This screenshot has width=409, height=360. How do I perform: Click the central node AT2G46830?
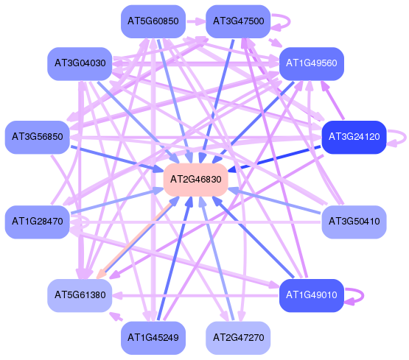pyautogui.click(x=195, y=180)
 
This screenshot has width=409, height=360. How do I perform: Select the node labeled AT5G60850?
pyautogui.click(x=153, y=21)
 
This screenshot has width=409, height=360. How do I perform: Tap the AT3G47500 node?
pyautogui.click(x=238, y=21)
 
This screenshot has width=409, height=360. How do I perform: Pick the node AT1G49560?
pyautogui.click(x=312, y=63)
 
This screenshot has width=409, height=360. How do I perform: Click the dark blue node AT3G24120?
pyautogui.click(x=354, y=137)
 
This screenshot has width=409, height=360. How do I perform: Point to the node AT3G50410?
pyautogui.click(x=354, y=222)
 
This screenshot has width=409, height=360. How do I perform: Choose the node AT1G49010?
pyautogui.click(x=312, y=295)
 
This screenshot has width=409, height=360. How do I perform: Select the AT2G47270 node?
pyautogui.click(x=238, y=338)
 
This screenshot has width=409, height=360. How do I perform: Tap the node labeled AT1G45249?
pyautogui.click(x=153, y=338)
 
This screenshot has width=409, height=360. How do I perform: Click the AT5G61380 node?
pyautogui.click(x=80, y=295)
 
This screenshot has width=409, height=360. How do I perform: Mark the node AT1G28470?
pyautogui.click(x=38, y=222)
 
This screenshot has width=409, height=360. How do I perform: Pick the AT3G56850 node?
pyautogui.click(x=38, y=137)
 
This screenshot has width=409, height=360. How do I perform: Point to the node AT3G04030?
pyautogui.click(x=80, y=63)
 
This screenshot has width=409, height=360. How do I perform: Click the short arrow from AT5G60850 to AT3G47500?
pyautogui.click(x=195, y=21)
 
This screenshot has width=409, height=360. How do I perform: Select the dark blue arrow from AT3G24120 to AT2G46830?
pyautogui.click(x=274, y=159)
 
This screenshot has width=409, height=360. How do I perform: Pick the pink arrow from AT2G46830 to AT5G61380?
pyautogui.click(x=134, y=241)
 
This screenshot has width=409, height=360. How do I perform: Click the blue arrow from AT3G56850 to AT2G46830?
pyautogui.click(x=117, y=159)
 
